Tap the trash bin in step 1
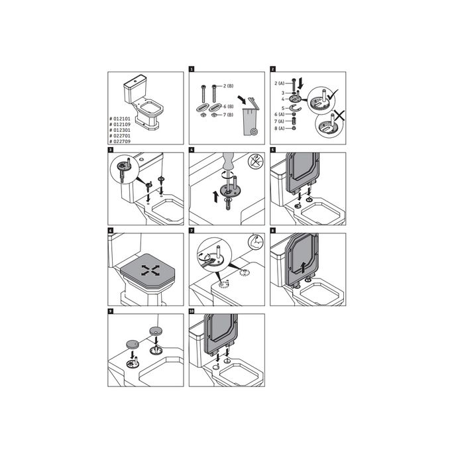pyautogui.click(x=250, y=119)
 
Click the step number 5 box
pyautogui.click(x=273, y=150)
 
